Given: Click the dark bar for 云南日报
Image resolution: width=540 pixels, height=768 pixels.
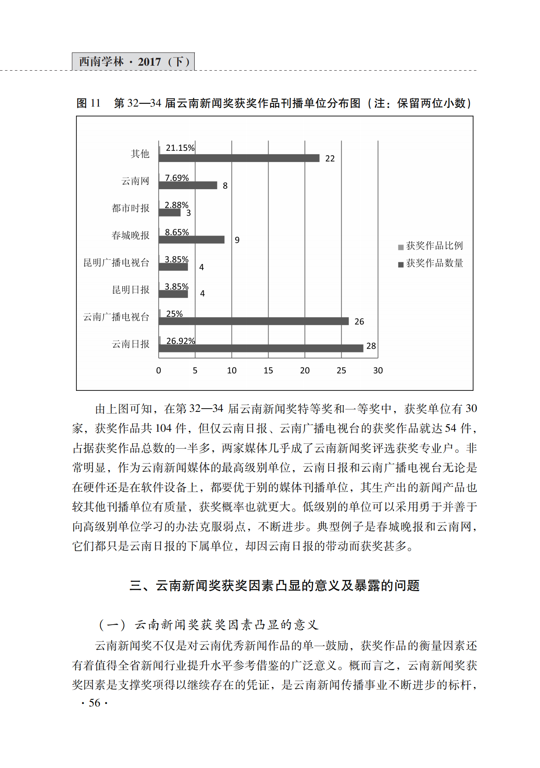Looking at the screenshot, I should [x=261, y=348].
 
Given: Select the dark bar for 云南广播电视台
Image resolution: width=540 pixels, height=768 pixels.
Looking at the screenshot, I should [x=253, y=321].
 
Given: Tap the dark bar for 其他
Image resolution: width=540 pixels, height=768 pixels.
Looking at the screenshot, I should [x=239, y=158].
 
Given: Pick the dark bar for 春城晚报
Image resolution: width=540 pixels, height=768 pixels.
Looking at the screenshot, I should [x=191, y=240].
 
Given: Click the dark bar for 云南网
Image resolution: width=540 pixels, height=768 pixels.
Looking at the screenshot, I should [x=188, y=185].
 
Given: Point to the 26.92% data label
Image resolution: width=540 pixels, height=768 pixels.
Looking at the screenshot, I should [x=181, y=341].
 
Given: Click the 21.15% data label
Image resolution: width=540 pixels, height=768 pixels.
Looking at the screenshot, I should [x=180, y=148].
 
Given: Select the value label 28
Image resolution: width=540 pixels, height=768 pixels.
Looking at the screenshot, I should [x=371, y=346].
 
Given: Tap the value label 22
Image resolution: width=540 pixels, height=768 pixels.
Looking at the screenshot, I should [x=330, y=159].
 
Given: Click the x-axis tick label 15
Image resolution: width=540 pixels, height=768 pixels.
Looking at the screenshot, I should [x=268, y=371].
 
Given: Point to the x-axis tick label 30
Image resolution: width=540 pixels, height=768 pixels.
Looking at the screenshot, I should [x=378, y=371].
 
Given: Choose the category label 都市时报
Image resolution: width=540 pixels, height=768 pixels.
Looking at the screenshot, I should [x=131, y=208].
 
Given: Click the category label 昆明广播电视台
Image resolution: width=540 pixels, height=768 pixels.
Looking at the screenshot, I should [x=116, y=263].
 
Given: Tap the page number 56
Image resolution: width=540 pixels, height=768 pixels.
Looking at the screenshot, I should [x=95, y=703].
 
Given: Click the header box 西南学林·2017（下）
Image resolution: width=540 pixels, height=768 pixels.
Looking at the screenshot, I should [x=133, y=62].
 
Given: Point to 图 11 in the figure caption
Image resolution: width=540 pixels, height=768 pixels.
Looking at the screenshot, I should [x=88, y=103].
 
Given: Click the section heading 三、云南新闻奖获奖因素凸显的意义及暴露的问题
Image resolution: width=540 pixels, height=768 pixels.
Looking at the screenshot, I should [x=274, y=585].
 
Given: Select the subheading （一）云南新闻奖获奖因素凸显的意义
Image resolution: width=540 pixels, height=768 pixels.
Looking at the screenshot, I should [x=209, y=624].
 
